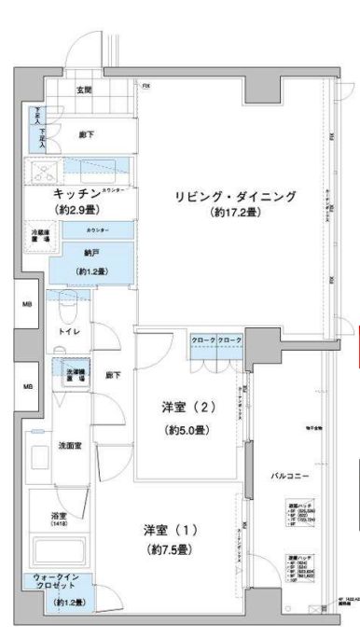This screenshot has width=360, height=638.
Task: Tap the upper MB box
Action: point(28,304)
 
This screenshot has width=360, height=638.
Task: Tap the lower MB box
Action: point(28,385)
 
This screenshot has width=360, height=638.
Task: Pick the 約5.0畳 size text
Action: point(187,430)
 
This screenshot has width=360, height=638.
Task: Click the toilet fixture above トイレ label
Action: point(69,305)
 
